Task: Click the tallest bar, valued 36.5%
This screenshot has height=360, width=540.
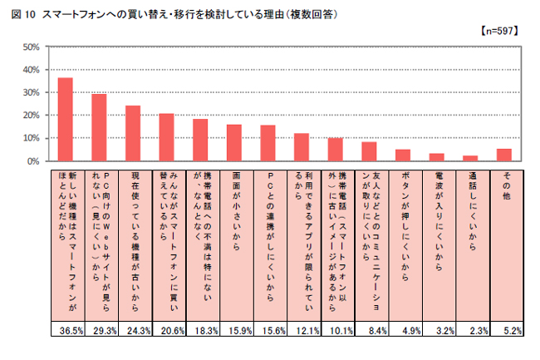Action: click(65, 119)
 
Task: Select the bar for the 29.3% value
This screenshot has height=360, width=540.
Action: click(99, 127)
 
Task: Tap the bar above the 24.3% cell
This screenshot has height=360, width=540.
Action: click(133, 133)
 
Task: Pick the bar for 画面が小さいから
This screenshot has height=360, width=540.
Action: click(234, 142)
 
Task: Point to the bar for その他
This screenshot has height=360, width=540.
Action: click(504, 155)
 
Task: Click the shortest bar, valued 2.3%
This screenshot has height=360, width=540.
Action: click(470, 158)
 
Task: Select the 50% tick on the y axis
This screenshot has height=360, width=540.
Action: click(31, 47)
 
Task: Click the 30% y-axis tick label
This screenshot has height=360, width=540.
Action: click(31, 93)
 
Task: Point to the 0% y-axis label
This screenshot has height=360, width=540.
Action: click(33, 161)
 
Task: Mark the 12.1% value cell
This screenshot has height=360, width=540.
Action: click(302, 331)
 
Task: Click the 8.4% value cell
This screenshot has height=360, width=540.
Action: click(369, 331)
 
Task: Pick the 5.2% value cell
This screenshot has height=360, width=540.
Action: click(504, 331)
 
